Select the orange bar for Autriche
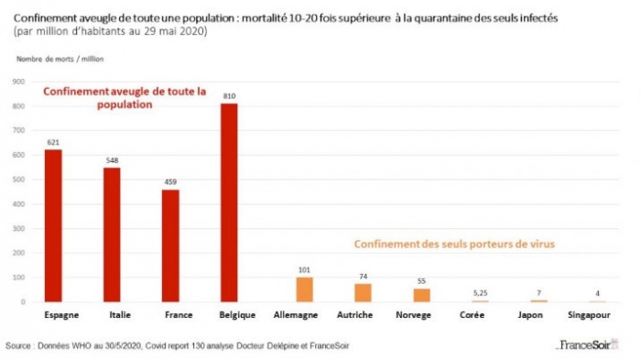(364, 292)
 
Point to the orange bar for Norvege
(421, 295)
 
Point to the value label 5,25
(479, 292)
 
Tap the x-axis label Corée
(479, 315)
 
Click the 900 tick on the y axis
(18, 82)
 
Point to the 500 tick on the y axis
(18, 180)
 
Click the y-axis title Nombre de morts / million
(58, 59)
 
